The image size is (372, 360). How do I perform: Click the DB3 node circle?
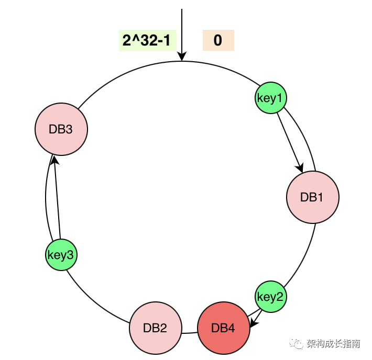tap(61, 129)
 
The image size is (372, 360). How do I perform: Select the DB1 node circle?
tap(313, 197)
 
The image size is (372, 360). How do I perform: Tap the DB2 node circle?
tap(156, 328)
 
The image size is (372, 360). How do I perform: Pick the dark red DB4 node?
tap(224, 328)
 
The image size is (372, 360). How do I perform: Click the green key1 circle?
tap(271, 98)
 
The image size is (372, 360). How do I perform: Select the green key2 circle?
tap(271, 297)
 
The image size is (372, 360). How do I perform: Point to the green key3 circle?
tap(61, 255)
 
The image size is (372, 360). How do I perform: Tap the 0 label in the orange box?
tap(218, 41)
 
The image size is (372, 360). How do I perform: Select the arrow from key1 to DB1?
tap(289, 141)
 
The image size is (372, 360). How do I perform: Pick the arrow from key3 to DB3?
tap(57, 199)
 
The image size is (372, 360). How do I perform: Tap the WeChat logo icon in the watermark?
tap(298, 343)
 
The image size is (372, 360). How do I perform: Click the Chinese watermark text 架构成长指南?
tap(333, 344)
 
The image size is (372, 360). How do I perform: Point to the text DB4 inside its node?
tap(224, 328)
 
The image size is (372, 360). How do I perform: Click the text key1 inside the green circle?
tap(271, 98)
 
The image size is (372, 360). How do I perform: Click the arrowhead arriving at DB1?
tap(300, 167)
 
